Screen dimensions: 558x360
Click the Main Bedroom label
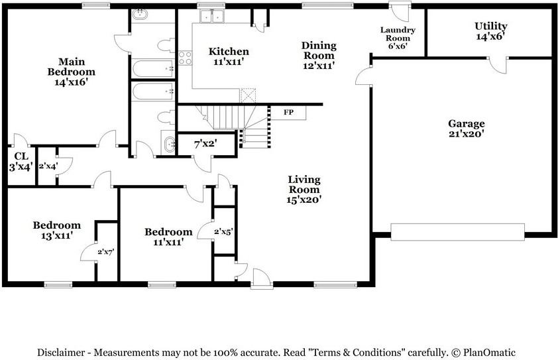72,72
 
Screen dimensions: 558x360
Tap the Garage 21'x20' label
466,129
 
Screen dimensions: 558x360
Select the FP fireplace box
288,113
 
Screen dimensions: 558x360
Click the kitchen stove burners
185,58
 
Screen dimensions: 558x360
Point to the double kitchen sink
212,17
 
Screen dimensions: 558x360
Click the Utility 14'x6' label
491,31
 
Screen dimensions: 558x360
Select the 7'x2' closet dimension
205,145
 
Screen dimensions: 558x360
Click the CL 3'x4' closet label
21,161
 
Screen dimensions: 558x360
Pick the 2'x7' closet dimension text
105,252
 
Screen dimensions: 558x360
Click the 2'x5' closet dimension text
223,232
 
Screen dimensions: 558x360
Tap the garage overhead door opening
457,232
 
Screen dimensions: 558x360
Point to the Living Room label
304,190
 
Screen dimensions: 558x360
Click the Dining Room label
319,55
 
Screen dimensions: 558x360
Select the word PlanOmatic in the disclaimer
488,353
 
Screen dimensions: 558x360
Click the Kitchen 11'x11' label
229,56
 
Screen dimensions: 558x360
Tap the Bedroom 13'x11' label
57,230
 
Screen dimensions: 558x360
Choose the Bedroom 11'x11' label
168,237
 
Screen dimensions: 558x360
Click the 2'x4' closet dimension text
48,166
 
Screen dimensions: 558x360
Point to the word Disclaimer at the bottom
61,353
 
